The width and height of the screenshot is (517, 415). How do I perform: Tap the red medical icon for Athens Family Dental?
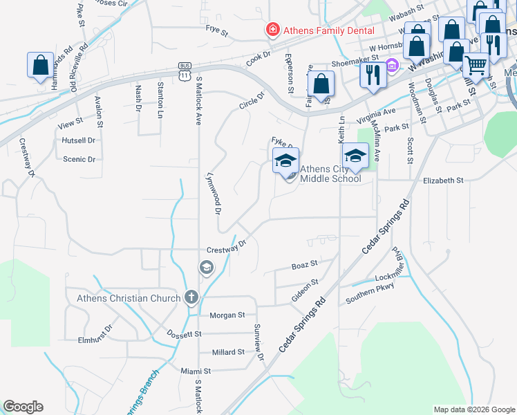273,30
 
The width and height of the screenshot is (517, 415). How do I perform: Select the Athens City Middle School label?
330,174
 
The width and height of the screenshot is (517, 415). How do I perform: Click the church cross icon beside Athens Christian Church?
191,298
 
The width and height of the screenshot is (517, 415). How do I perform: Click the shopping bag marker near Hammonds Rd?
40,65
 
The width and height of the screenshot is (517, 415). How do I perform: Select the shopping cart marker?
476,65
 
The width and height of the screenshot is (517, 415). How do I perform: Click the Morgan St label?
227,315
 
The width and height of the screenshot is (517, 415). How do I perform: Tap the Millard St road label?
228,352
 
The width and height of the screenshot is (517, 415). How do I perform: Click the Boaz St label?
304,264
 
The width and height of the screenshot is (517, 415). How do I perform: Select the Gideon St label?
305,286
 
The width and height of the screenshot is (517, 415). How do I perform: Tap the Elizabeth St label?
442,180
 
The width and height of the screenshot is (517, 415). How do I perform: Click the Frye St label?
217,28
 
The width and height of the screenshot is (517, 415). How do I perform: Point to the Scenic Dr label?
79,159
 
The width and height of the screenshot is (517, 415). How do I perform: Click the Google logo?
23,407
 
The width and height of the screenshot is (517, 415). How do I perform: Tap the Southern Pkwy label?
370,295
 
